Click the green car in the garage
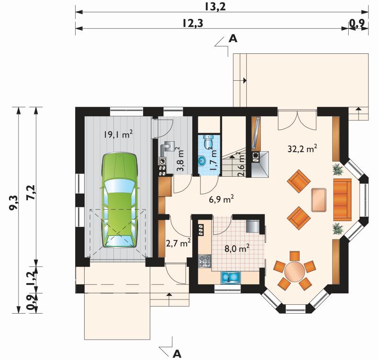pos(120,200)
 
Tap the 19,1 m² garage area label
pos(119,135)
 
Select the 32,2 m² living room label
pos(302,149)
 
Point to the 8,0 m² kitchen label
pos(237,248)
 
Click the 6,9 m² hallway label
pos(221,199)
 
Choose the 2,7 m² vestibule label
pos(179,243)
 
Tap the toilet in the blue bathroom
pos(208,141)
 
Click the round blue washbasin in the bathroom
pos(202,161)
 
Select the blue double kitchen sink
pos(231,277)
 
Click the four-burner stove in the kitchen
pos(205,261)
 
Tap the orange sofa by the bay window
pos(342,199)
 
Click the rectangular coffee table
pos(319,200)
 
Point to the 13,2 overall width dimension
pos(215,7)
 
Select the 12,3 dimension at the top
pos(193,23)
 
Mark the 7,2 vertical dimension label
pos(31,192)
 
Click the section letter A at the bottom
pos(177,354)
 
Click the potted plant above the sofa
pos(338,169)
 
